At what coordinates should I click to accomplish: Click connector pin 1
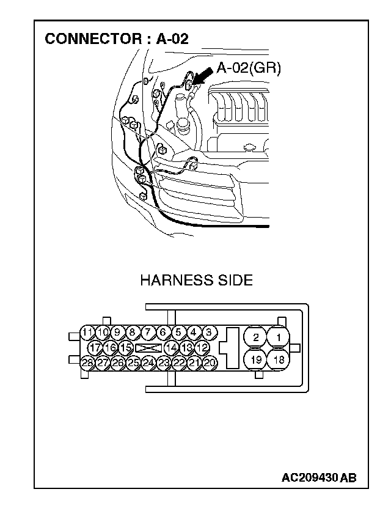click(279, 337)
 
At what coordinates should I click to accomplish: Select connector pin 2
click(256, 337)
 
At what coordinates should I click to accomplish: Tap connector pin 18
click(279, 359)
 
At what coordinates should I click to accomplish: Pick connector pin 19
click(256, 359)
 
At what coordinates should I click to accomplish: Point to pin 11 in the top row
click(88, 333)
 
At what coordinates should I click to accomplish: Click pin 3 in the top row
click(208, 333)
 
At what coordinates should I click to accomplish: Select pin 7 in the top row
click(148, 333)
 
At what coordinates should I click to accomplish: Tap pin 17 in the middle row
click(95, 347)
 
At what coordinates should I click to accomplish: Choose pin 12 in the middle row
click(203, 347)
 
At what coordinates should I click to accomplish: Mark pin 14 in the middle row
click(172, 347)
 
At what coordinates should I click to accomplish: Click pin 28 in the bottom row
click(87, 362)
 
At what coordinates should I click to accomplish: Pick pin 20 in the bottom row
click(210, 362)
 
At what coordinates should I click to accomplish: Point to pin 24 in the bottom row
click(148, 362)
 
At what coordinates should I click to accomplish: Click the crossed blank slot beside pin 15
click(148, 347)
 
